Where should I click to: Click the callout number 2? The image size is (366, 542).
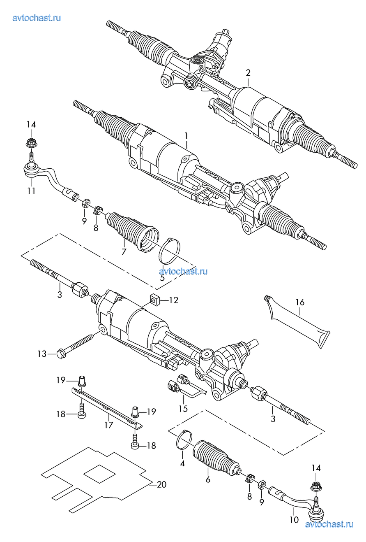(x=248, y=73)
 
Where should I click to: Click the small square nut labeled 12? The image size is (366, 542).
(x=155, y=300)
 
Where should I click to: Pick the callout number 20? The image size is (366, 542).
(x=161, y=484)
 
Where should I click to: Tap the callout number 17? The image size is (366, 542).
(x=108, y=425)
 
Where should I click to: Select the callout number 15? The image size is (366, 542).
(x=183, y=408)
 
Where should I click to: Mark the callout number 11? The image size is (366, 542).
(x=31, y=190)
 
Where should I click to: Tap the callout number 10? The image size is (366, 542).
(x=294, y=519)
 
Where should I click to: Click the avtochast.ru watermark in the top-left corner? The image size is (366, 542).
(x=37, y=17)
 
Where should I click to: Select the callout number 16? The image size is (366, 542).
(x=300, y=302)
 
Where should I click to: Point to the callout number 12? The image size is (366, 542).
(x=173, y=300)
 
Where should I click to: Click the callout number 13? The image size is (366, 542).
(x=42, y=354)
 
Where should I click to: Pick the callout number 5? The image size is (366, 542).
(x=162, y=278)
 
